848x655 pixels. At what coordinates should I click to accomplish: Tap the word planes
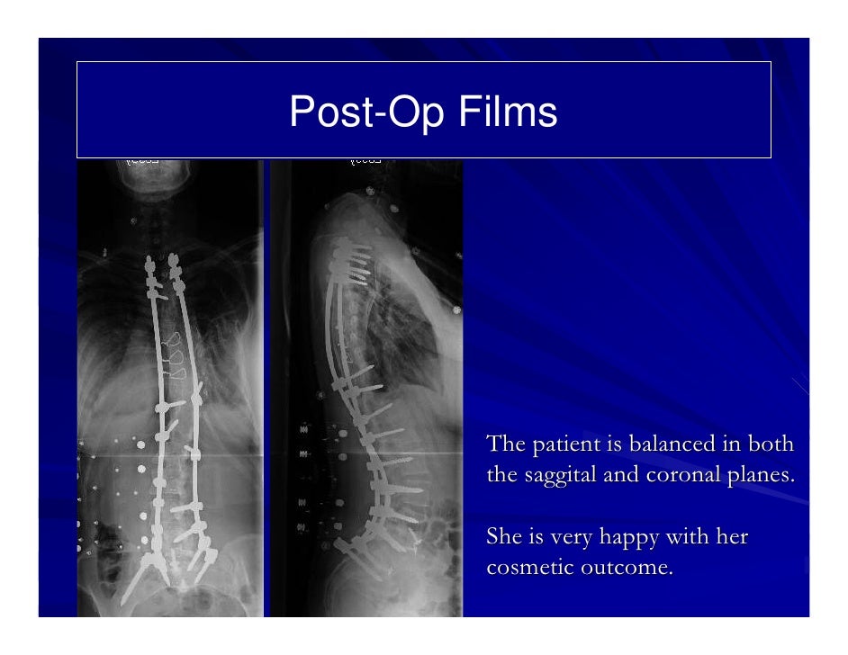coord(765,475)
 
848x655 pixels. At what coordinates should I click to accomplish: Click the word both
coord(772,445)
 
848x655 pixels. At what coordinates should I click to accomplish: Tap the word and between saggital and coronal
coord(622,475)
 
